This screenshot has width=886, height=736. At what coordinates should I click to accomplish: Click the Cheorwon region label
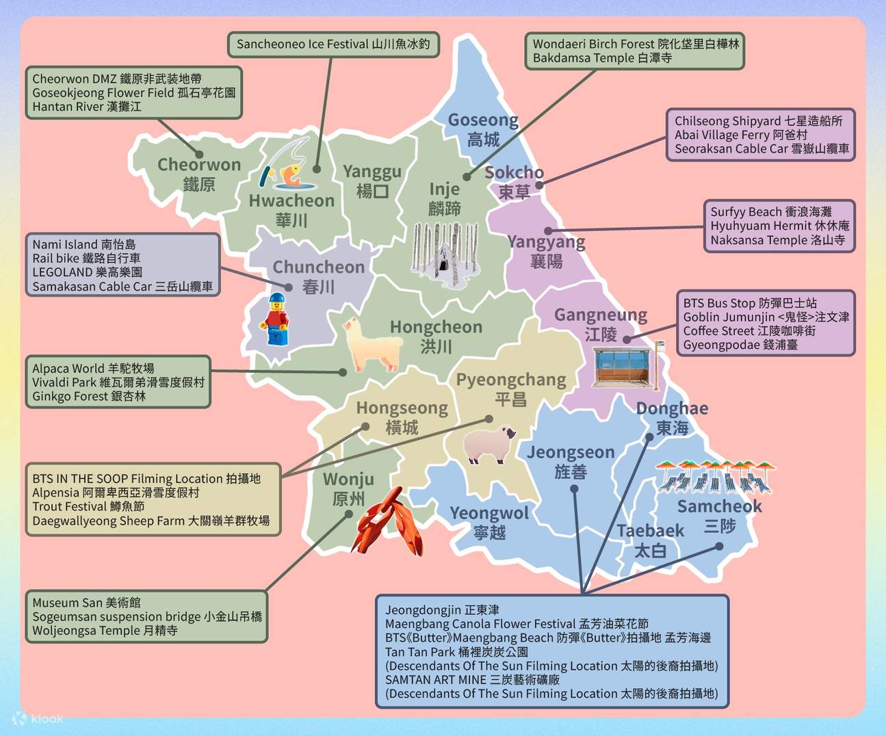[x=199, y=174]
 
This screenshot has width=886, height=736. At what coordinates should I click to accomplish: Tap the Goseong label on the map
[x=483, y=129]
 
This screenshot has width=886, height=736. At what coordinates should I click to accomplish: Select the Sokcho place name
[x=514, y=181]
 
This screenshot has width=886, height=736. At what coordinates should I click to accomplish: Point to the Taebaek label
[x=650, y=540]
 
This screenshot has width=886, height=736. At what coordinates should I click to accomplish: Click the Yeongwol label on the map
[x=489, y=522]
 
